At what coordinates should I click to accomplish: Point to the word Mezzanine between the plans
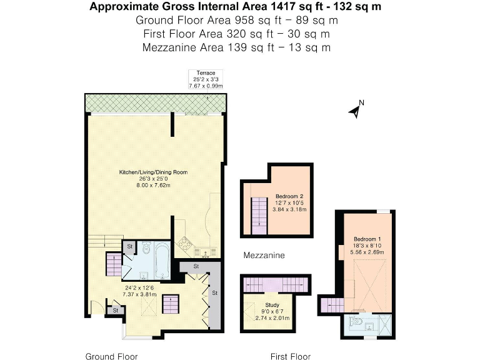point(264,255)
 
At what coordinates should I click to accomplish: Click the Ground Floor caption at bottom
point(111,356)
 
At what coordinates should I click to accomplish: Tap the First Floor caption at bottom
point(290,356)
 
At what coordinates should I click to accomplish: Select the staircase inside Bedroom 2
point(257,214)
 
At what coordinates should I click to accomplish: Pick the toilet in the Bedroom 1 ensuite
point(359,322)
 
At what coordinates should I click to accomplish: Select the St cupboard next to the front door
point(116,309)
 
